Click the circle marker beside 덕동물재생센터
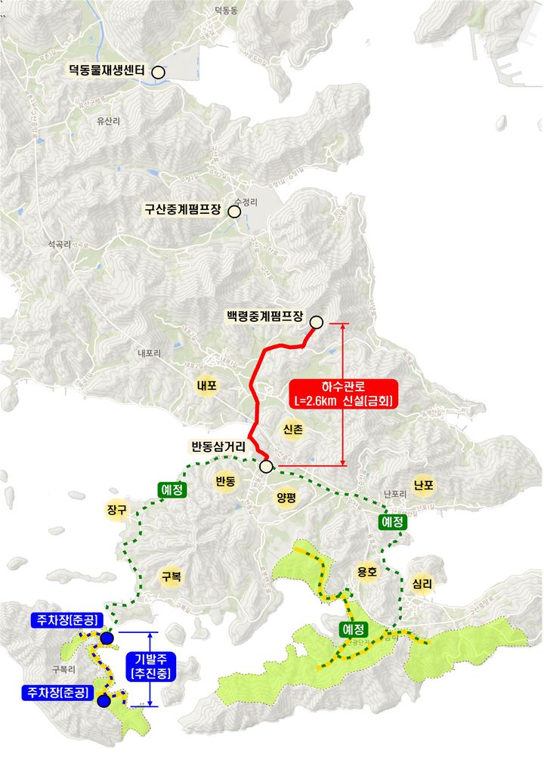point(159,72)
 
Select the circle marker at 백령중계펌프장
point(317,323)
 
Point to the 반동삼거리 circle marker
point(266,467)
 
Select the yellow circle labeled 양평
point(286,497)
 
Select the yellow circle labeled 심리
point(422,583)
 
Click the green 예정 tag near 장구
point(172,490)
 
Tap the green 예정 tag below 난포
point(393,522)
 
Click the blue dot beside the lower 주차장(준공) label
point(104,700)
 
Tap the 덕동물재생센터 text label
point(107,72)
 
